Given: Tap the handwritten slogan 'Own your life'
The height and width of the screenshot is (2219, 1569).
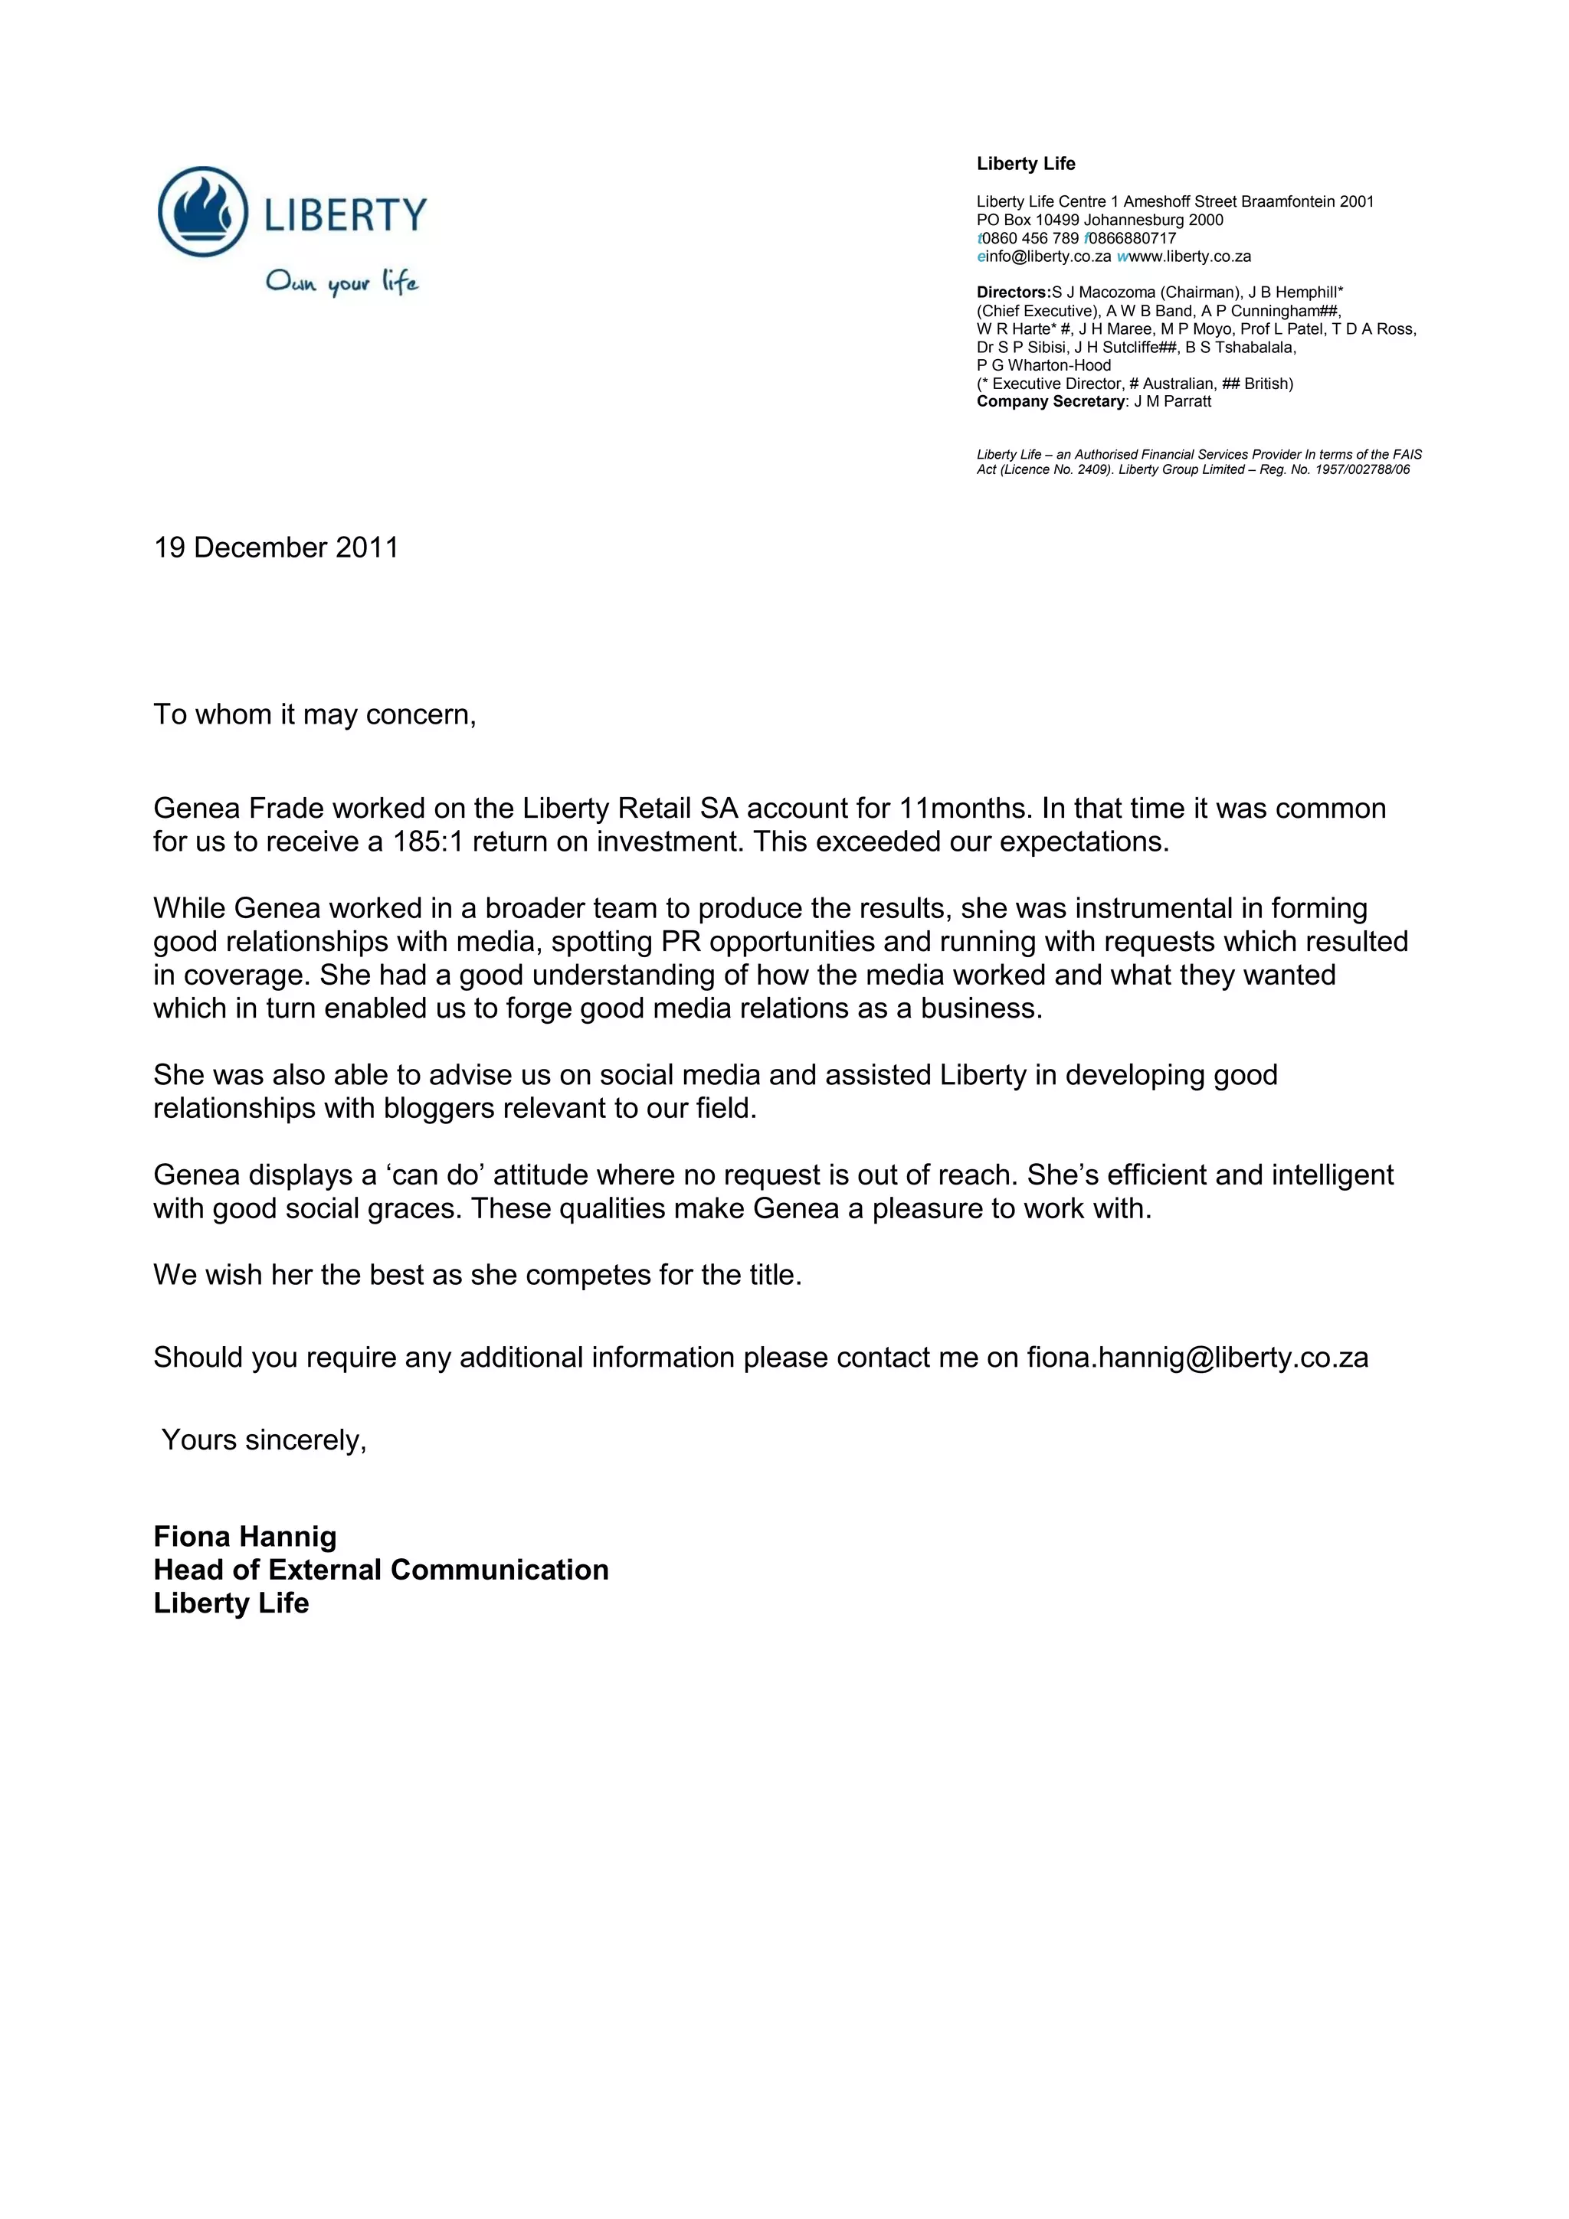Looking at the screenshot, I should point(342,283).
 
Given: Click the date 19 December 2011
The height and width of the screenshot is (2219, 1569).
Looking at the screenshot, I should point(276,548).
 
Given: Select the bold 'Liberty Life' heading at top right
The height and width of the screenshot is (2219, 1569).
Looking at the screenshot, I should point(1025,165).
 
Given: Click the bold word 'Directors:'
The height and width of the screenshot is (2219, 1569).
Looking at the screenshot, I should point(1013,292).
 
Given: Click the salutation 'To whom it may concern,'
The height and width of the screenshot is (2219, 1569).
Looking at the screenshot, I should point(314,715).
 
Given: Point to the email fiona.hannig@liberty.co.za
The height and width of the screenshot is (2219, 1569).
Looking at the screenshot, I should point(1197,1358).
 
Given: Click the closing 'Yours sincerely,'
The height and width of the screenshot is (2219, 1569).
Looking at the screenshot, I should point(264,1440).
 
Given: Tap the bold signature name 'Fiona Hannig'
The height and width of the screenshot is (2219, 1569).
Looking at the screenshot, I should point(244,1537).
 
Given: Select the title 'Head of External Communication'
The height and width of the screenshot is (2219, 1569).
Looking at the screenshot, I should point(381,1570).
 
